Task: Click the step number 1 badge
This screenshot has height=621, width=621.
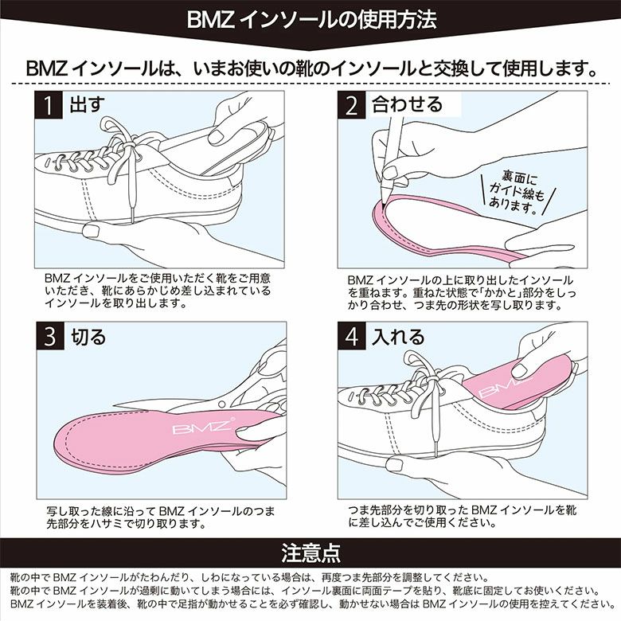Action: (49, 105)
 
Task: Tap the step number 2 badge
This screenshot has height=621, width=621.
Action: (351, 105)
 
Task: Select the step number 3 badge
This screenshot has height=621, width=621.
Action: (50, 336)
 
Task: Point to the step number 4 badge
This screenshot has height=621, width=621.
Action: (352, 336)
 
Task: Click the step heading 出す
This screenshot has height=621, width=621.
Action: (87, 104)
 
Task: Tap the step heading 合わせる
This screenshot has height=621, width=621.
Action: (407, 104)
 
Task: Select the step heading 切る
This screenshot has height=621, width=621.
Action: (88, 337)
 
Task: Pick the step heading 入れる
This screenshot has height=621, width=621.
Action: (398, 337)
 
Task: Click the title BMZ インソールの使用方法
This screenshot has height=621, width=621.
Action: (311, 20)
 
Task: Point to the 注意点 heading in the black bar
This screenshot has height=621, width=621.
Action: (310, 553)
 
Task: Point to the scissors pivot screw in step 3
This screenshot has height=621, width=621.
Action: (222, 404)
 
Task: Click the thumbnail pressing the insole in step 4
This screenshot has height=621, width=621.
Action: (519, 371)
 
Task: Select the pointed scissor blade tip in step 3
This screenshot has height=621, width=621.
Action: (115, 405)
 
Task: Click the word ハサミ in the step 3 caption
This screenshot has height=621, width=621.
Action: (108, 524)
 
